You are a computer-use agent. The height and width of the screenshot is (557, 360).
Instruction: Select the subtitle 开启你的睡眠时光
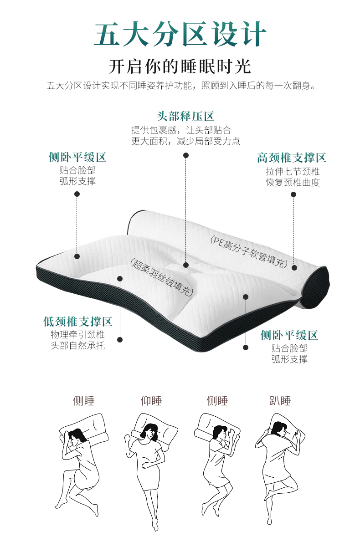(180, 66)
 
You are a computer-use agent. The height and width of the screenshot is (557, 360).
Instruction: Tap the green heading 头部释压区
(185, 116)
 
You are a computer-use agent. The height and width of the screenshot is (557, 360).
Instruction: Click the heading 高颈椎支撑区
(292, 158)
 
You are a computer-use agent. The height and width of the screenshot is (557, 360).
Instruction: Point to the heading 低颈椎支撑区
(78, 322)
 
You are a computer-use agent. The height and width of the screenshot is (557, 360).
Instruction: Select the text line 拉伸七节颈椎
(293, 172)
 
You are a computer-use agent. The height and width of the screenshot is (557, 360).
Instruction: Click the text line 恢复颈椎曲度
(293, 183)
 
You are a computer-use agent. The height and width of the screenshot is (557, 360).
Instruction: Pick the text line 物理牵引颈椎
(77, 335)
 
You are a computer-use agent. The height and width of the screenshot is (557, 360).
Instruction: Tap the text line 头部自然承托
(77, 346)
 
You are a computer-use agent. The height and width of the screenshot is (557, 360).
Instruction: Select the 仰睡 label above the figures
(151, 401)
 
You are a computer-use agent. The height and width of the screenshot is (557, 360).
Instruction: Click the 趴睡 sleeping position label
(280, 401)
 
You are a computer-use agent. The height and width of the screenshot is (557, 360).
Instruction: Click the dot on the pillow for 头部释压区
(185, 265)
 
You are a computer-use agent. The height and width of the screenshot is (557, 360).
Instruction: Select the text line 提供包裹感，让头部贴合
(181, 130)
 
